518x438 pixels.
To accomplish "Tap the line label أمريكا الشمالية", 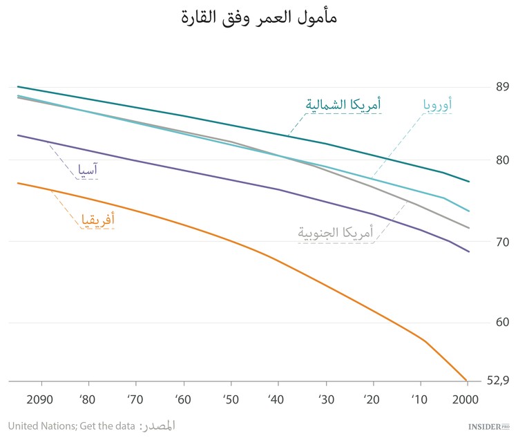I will (343, 104).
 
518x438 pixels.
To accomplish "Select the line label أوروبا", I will (438, 104).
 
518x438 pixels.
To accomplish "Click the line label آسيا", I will (86, 169).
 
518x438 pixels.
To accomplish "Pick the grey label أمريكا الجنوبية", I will (336, 234).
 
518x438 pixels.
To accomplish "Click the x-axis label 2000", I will (467, 400).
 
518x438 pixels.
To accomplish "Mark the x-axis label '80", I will (88, 400).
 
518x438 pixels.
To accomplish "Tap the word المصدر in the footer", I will (158, 426).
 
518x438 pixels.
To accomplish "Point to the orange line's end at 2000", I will (467, 380).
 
